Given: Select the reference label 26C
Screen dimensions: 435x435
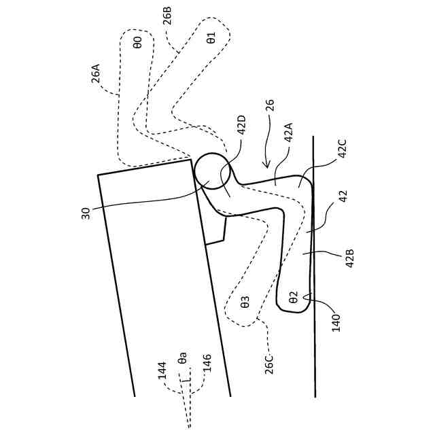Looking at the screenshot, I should tap(270, 360).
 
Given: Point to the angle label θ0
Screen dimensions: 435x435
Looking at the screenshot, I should tap(137, 43).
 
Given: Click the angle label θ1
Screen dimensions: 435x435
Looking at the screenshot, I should tap(211, 37).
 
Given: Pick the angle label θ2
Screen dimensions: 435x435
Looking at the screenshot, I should tap(293, 297).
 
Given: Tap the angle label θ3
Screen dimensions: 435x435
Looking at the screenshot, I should tap(245, 302).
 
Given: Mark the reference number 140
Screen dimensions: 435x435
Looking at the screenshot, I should tap(336, 319).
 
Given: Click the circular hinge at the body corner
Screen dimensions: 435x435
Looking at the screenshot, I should tap(213, 171).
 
